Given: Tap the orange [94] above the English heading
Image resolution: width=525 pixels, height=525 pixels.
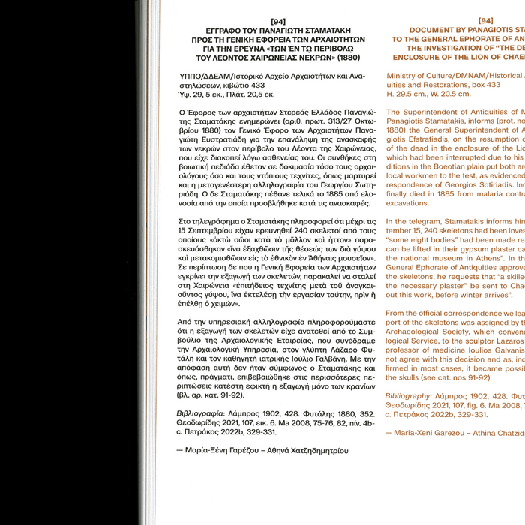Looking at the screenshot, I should (x=485, y=22).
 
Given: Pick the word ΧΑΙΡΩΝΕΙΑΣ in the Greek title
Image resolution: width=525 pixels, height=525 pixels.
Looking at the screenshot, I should (x=265, y=58).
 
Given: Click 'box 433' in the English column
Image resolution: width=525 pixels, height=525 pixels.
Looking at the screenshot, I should (x=493, y=85).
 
